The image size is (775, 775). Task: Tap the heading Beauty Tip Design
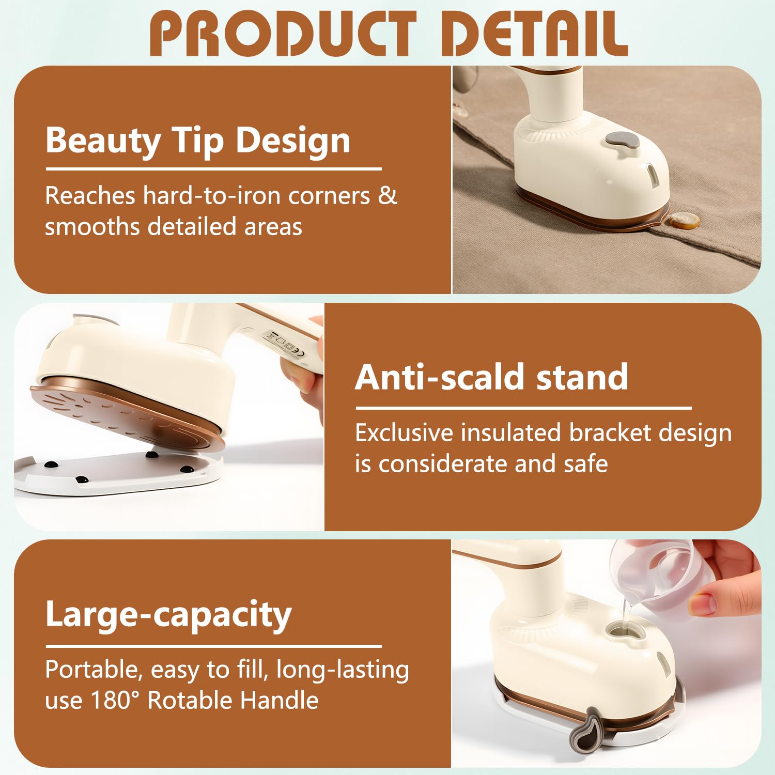[x=198, y=141]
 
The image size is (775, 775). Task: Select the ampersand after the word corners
[x=388, y=196]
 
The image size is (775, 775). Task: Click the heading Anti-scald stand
[x=491, y=377]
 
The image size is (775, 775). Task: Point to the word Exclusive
[x=404, y=433]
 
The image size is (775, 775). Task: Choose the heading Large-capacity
[x=168, y=615]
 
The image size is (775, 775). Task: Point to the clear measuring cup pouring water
[x=656, y=574]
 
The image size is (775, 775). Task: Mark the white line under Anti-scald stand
[x=523, y=408]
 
